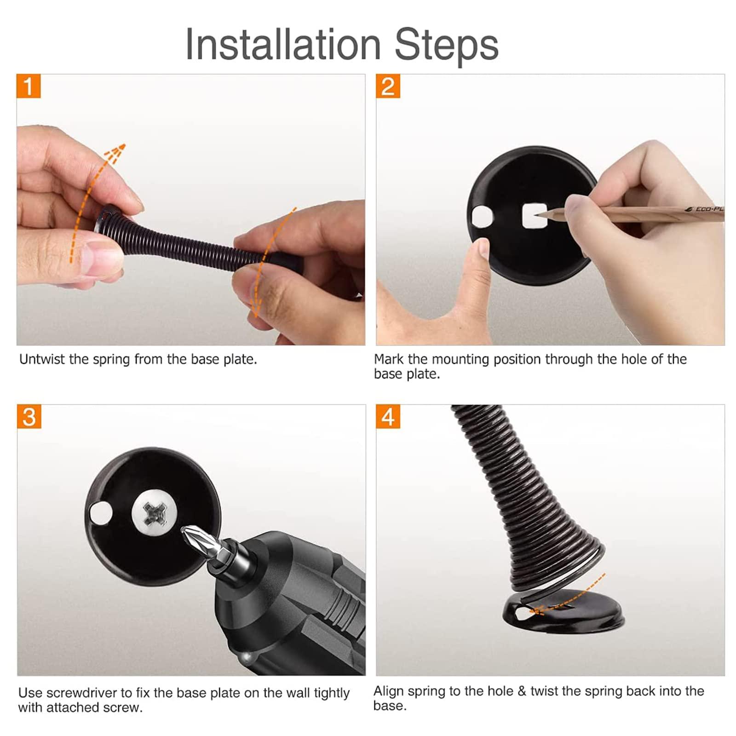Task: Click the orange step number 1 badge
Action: (x=29, y=86)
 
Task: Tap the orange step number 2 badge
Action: (x=388, y=86)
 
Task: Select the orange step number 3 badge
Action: (x=29, y=417)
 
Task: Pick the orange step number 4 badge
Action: (x=388, y=417)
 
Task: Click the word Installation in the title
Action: (x=283, y=44)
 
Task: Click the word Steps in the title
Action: (x=447, y=44)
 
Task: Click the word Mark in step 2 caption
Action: (x=389, y=359)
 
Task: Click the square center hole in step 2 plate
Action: (x=535, y=215)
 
